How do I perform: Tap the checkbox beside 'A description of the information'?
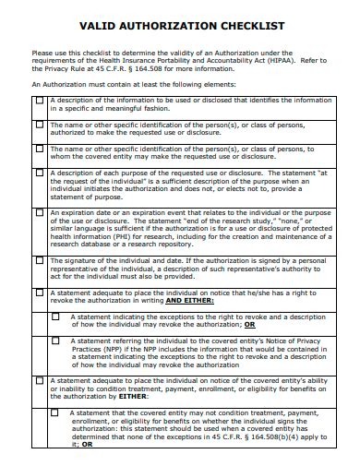[39, 100]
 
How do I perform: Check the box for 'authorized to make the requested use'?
[39, 124]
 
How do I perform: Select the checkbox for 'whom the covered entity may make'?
[39, 148]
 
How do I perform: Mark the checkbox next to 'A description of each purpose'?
[39, 173]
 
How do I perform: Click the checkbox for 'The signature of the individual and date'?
[39, 261]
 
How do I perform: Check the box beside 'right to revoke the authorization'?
[39, 293]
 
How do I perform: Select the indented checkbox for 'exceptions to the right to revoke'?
[55, 316]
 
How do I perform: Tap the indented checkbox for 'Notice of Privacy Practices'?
[55, 340]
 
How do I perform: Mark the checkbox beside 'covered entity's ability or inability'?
[39, 380]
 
